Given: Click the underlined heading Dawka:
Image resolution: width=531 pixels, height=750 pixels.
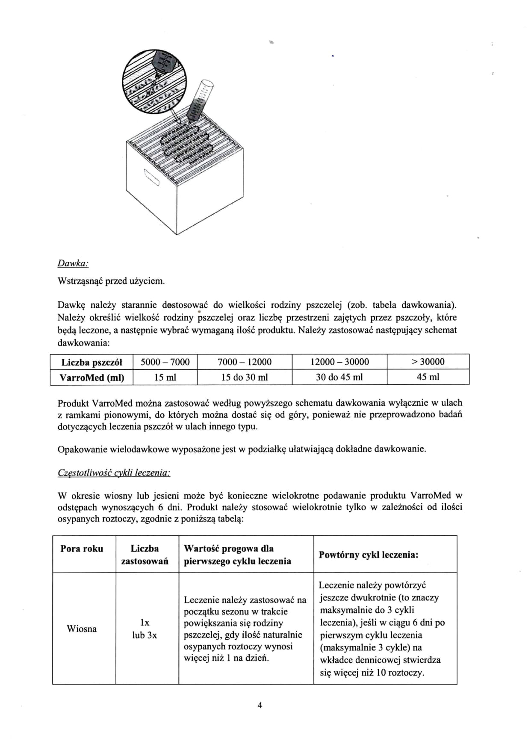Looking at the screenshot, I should coord(73,263).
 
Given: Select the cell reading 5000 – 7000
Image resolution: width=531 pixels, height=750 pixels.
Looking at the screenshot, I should coord(165,362).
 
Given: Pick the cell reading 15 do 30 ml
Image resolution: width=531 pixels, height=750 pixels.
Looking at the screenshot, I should coord(245,377).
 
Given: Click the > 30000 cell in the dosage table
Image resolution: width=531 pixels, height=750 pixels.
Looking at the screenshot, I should coord(428,362).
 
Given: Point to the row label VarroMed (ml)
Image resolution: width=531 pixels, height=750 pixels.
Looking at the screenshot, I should coord(92,378).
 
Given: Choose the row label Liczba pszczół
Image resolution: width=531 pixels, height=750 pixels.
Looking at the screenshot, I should coord(92,362).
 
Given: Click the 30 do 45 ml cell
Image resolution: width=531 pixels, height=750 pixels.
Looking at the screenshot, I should coord(339,377).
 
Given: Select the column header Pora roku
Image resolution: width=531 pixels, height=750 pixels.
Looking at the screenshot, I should coord(82,549).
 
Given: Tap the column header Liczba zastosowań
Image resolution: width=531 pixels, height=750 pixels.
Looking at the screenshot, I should coord(145,555).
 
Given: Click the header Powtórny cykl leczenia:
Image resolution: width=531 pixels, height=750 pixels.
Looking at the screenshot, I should coord(369,555).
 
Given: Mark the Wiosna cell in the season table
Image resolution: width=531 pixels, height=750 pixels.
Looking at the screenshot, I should coord(82,629).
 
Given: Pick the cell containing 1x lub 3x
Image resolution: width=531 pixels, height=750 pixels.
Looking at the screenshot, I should coord(145,629).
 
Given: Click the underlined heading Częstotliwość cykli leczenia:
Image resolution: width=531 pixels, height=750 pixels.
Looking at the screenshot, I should coord(114,472).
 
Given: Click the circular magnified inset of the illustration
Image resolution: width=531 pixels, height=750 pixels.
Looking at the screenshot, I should coord(148,81).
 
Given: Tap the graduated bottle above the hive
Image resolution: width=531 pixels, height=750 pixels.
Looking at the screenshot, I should coord(199,100).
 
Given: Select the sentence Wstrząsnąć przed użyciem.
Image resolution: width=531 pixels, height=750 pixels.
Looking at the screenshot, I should coord(111,281).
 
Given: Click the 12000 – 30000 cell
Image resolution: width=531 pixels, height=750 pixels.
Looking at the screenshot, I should coord(339,362).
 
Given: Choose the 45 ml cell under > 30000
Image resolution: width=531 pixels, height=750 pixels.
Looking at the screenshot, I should coord(428,377).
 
